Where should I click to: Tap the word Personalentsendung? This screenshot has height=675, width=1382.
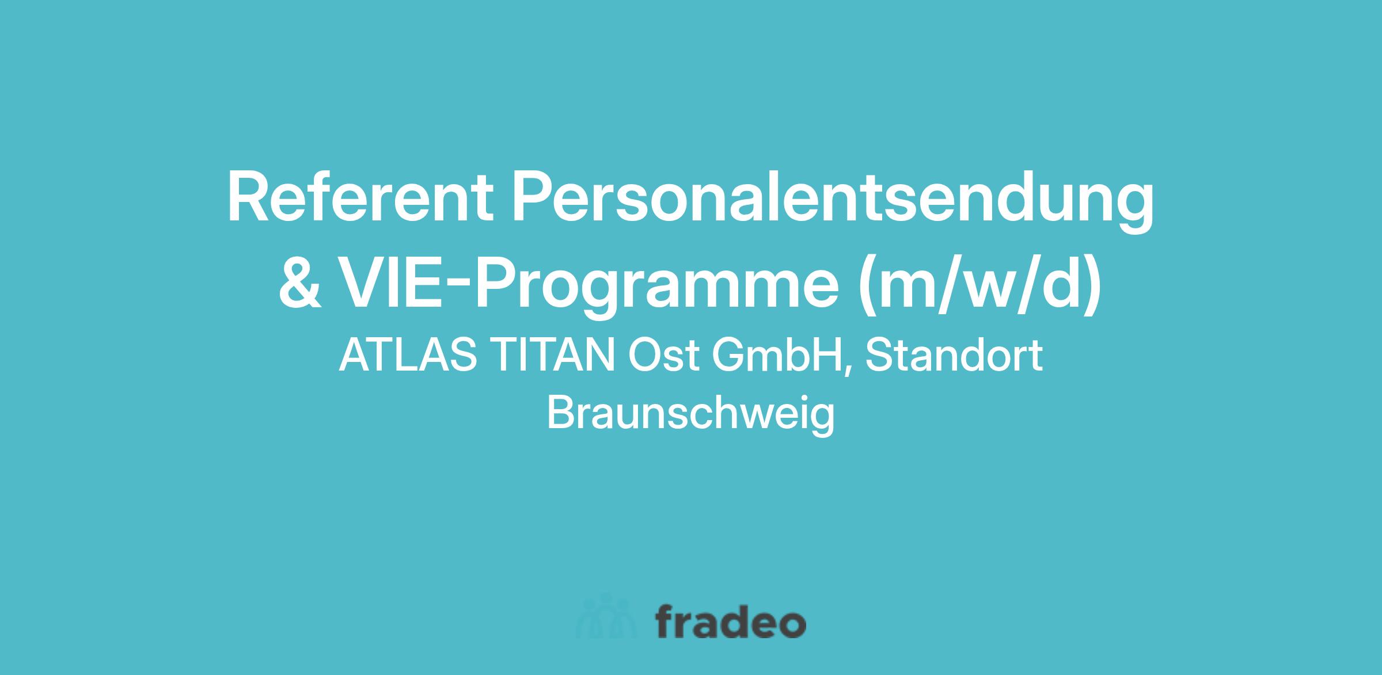(833, 202)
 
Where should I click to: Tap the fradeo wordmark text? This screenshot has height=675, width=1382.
(731, 621)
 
